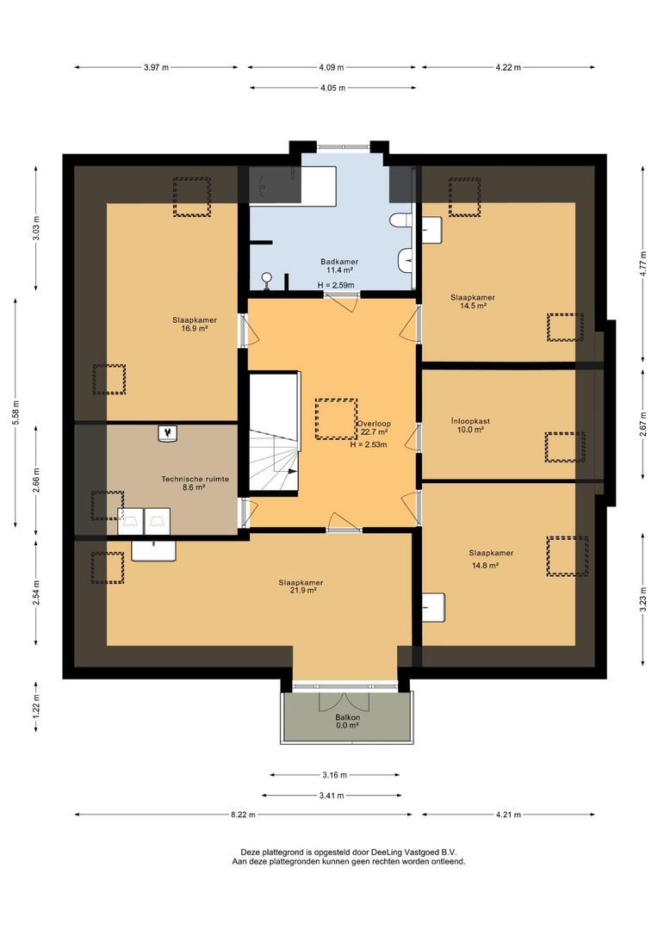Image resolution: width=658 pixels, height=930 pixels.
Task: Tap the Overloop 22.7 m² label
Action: [374, 428]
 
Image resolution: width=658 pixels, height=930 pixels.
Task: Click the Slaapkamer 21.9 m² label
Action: [300, 586]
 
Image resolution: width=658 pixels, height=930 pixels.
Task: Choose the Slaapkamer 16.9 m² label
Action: [194, 324]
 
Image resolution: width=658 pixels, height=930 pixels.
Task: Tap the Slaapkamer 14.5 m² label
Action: [472, 301]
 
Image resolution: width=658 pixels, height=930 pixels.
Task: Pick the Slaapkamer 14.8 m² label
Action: [491, 558]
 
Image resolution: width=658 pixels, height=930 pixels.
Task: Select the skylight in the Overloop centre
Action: [337, 419]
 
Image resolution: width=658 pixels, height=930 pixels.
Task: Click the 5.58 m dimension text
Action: [16, 412]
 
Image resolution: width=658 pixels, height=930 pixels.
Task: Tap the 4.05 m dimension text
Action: [332, 88]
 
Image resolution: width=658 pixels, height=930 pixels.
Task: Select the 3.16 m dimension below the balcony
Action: [331, 774]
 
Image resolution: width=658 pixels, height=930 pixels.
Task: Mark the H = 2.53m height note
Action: [368, 445]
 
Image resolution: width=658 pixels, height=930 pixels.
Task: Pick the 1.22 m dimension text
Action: [35, 705]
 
